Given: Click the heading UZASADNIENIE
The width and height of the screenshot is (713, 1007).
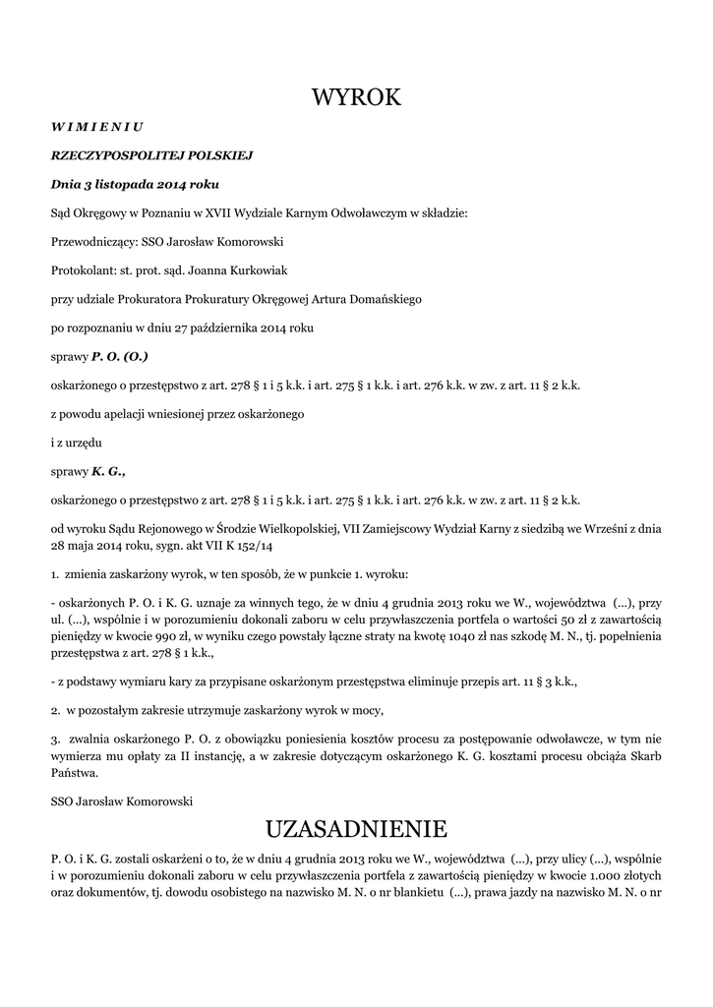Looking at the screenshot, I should (x=356, y=827).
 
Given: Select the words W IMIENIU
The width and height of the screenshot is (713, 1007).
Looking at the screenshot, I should (x=97, y=127).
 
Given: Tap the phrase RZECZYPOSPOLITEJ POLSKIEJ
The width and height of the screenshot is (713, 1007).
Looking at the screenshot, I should (x=152, y=155).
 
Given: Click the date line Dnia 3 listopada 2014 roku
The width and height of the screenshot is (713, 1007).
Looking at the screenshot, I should (x=135, y=184).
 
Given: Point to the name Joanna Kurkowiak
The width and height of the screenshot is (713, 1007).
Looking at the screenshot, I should (x=235, y=269).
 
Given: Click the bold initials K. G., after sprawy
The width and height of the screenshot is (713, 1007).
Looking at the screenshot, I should (x=108, y=471).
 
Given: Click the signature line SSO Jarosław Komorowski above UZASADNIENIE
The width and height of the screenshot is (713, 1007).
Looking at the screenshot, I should (x=121, y=800).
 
